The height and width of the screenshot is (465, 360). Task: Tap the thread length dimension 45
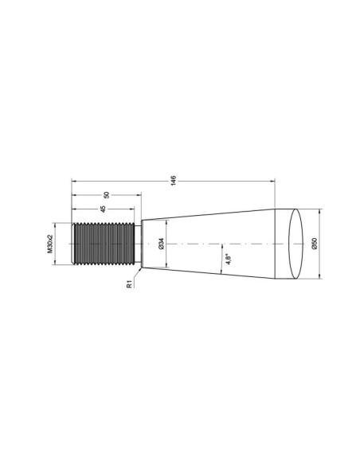click(x=102, y=209)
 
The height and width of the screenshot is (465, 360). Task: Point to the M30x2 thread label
click(x=50, y=243)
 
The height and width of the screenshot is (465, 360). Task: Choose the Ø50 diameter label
click(x=315, y=244)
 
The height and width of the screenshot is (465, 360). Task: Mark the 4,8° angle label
click(x=227, y=259)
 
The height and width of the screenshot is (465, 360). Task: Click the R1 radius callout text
click(x=128, y=284)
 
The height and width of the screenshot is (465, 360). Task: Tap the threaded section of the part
click(x=103, y=243)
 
